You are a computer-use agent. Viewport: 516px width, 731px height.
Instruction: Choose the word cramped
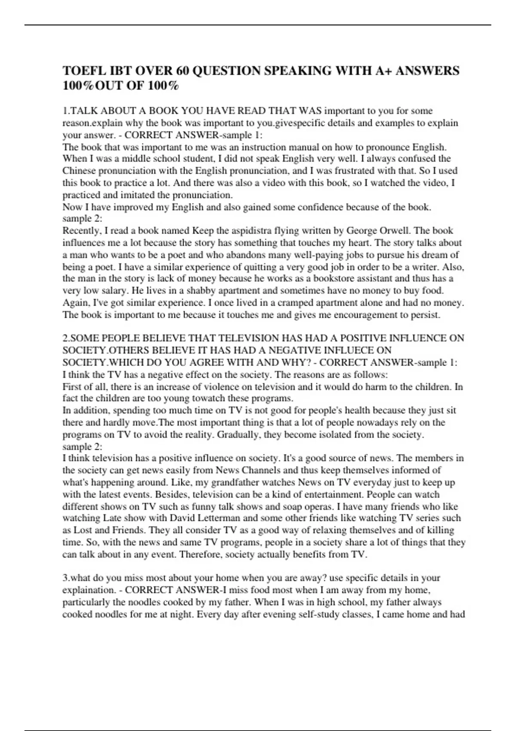pos(293,303)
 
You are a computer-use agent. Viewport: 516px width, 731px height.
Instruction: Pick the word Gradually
pos(238,435)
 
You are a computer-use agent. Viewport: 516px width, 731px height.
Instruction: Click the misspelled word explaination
pos(88,590)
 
